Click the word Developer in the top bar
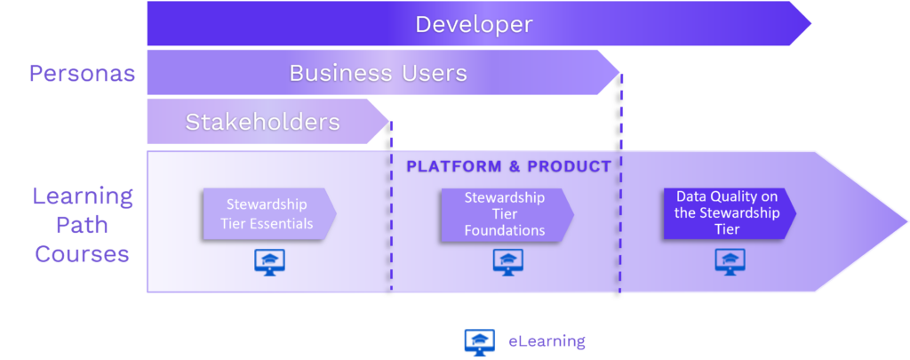(474, 24)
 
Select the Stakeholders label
(262, 122)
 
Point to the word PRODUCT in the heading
(569, 166)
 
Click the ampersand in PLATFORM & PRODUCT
(514, 166)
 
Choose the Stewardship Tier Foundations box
(506, 214)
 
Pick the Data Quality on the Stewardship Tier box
(728, 213)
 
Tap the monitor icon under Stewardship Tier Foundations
(507, 260)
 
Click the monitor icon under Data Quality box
(730, 260)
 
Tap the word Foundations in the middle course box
(505, 230)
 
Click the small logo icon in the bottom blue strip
(483, 343)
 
